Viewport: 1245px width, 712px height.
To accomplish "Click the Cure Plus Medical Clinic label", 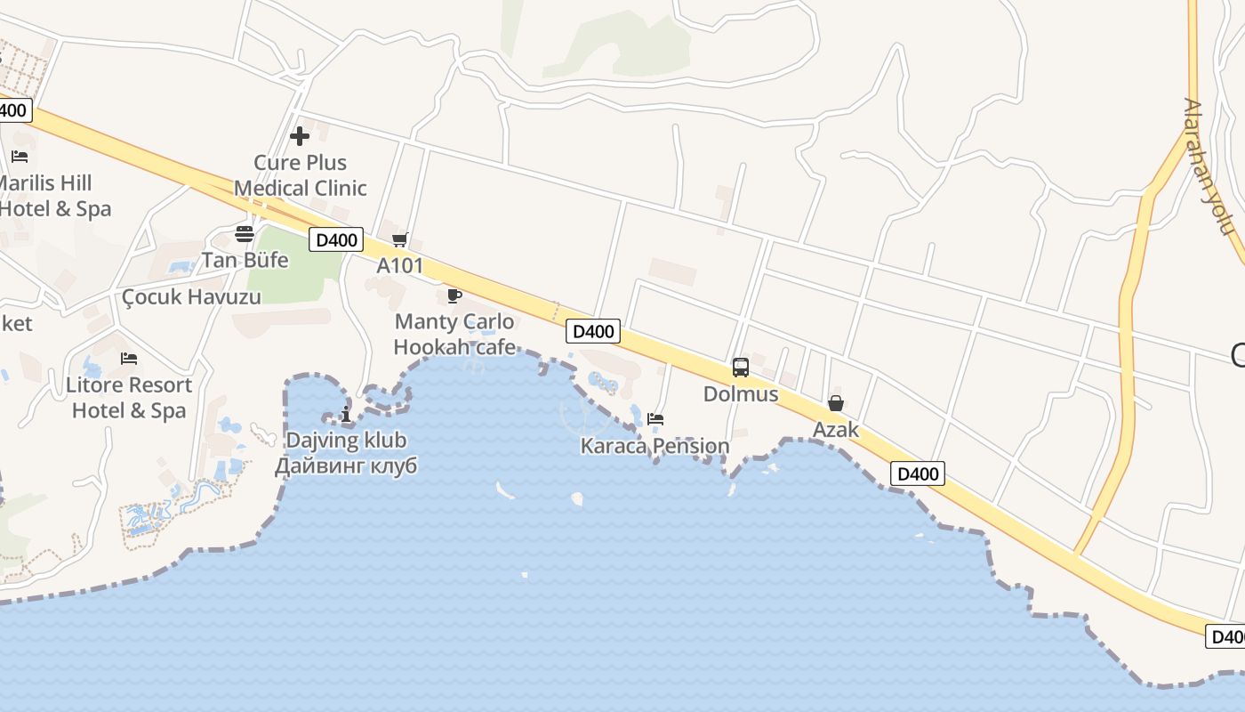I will click(x=301, y=175).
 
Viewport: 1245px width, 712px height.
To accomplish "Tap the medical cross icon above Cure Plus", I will click(x=300, y=136).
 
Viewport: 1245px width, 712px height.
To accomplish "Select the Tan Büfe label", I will click(x=245, y=260).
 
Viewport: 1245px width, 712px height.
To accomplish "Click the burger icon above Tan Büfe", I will click(x=245, y=234).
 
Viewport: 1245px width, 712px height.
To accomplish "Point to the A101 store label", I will click(x=399, y=265).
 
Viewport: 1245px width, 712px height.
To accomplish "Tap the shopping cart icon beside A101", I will click(x=399, y=239).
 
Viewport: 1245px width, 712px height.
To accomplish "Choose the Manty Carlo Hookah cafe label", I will click(x=454, y=334).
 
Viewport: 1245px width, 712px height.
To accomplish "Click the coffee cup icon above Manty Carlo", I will click(x=454, y=295).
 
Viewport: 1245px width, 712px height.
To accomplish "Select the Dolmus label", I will click(x=741, y=393).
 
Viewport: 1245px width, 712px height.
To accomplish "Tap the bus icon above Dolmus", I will click(x=741, y=367).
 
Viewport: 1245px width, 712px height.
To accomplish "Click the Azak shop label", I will click(x=836, y=430).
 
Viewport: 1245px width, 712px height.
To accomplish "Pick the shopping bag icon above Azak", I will click(x=836, y=404).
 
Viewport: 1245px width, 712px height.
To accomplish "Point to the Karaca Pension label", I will click(x=655, y=446).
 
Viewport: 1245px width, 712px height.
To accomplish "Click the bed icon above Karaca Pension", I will click(x=655, y=418).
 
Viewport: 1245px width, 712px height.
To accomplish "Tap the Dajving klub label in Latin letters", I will click(x=346, y=440).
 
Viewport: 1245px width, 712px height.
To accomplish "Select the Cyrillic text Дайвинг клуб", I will click(x=346, y=465).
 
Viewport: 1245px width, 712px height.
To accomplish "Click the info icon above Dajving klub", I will click(x=346, y=415).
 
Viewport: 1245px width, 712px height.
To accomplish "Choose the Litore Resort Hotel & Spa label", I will click(x=129, y=398).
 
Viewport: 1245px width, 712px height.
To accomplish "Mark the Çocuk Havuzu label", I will click(x=191, y=296).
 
